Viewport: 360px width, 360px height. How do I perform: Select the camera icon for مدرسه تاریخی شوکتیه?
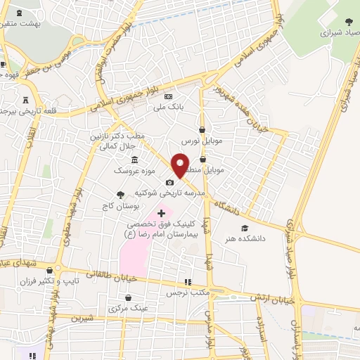169,182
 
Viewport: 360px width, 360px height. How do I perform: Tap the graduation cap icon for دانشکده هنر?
245,228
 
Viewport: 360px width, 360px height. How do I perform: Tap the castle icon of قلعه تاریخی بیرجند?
27,100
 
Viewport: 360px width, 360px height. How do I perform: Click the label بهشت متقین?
20,23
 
